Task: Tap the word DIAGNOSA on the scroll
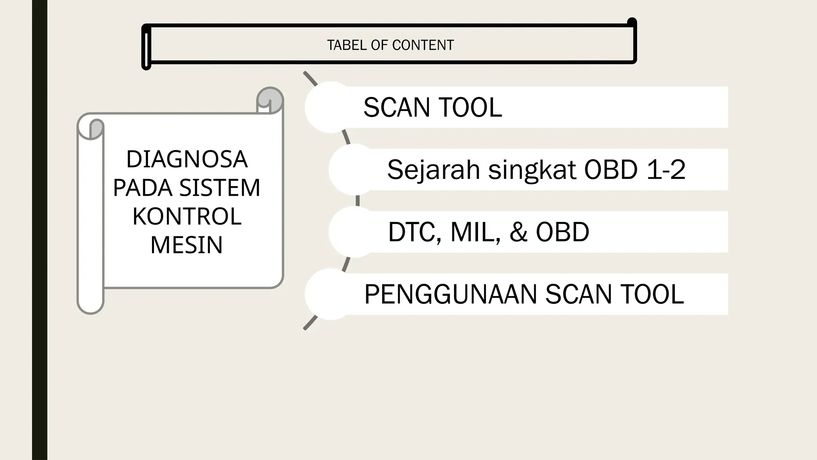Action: pyautogui.click(x=187, y=159)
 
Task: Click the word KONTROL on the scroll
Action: pyautogui.click(x=187, y=216)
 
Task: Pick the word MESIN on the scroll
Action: pyautogui.click(x=187, y=245)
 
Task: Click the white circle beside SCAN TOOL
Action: pyautogui.click(x=331, y=107)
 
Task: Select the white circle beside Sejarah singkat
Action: pyautogui.click(x=355, y=169)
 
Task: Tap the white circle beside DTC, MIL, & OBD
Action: pyautogui.click(x=355, y=232)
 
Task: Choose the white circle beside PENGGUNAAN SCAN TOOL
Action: pyautogui.click(x=331, y=294)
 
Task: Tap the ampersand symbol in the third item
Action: pyautogui.click(x=518, y=232)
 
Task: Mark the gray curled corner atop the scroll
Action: pyautogui.click(x=270, y=100)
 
